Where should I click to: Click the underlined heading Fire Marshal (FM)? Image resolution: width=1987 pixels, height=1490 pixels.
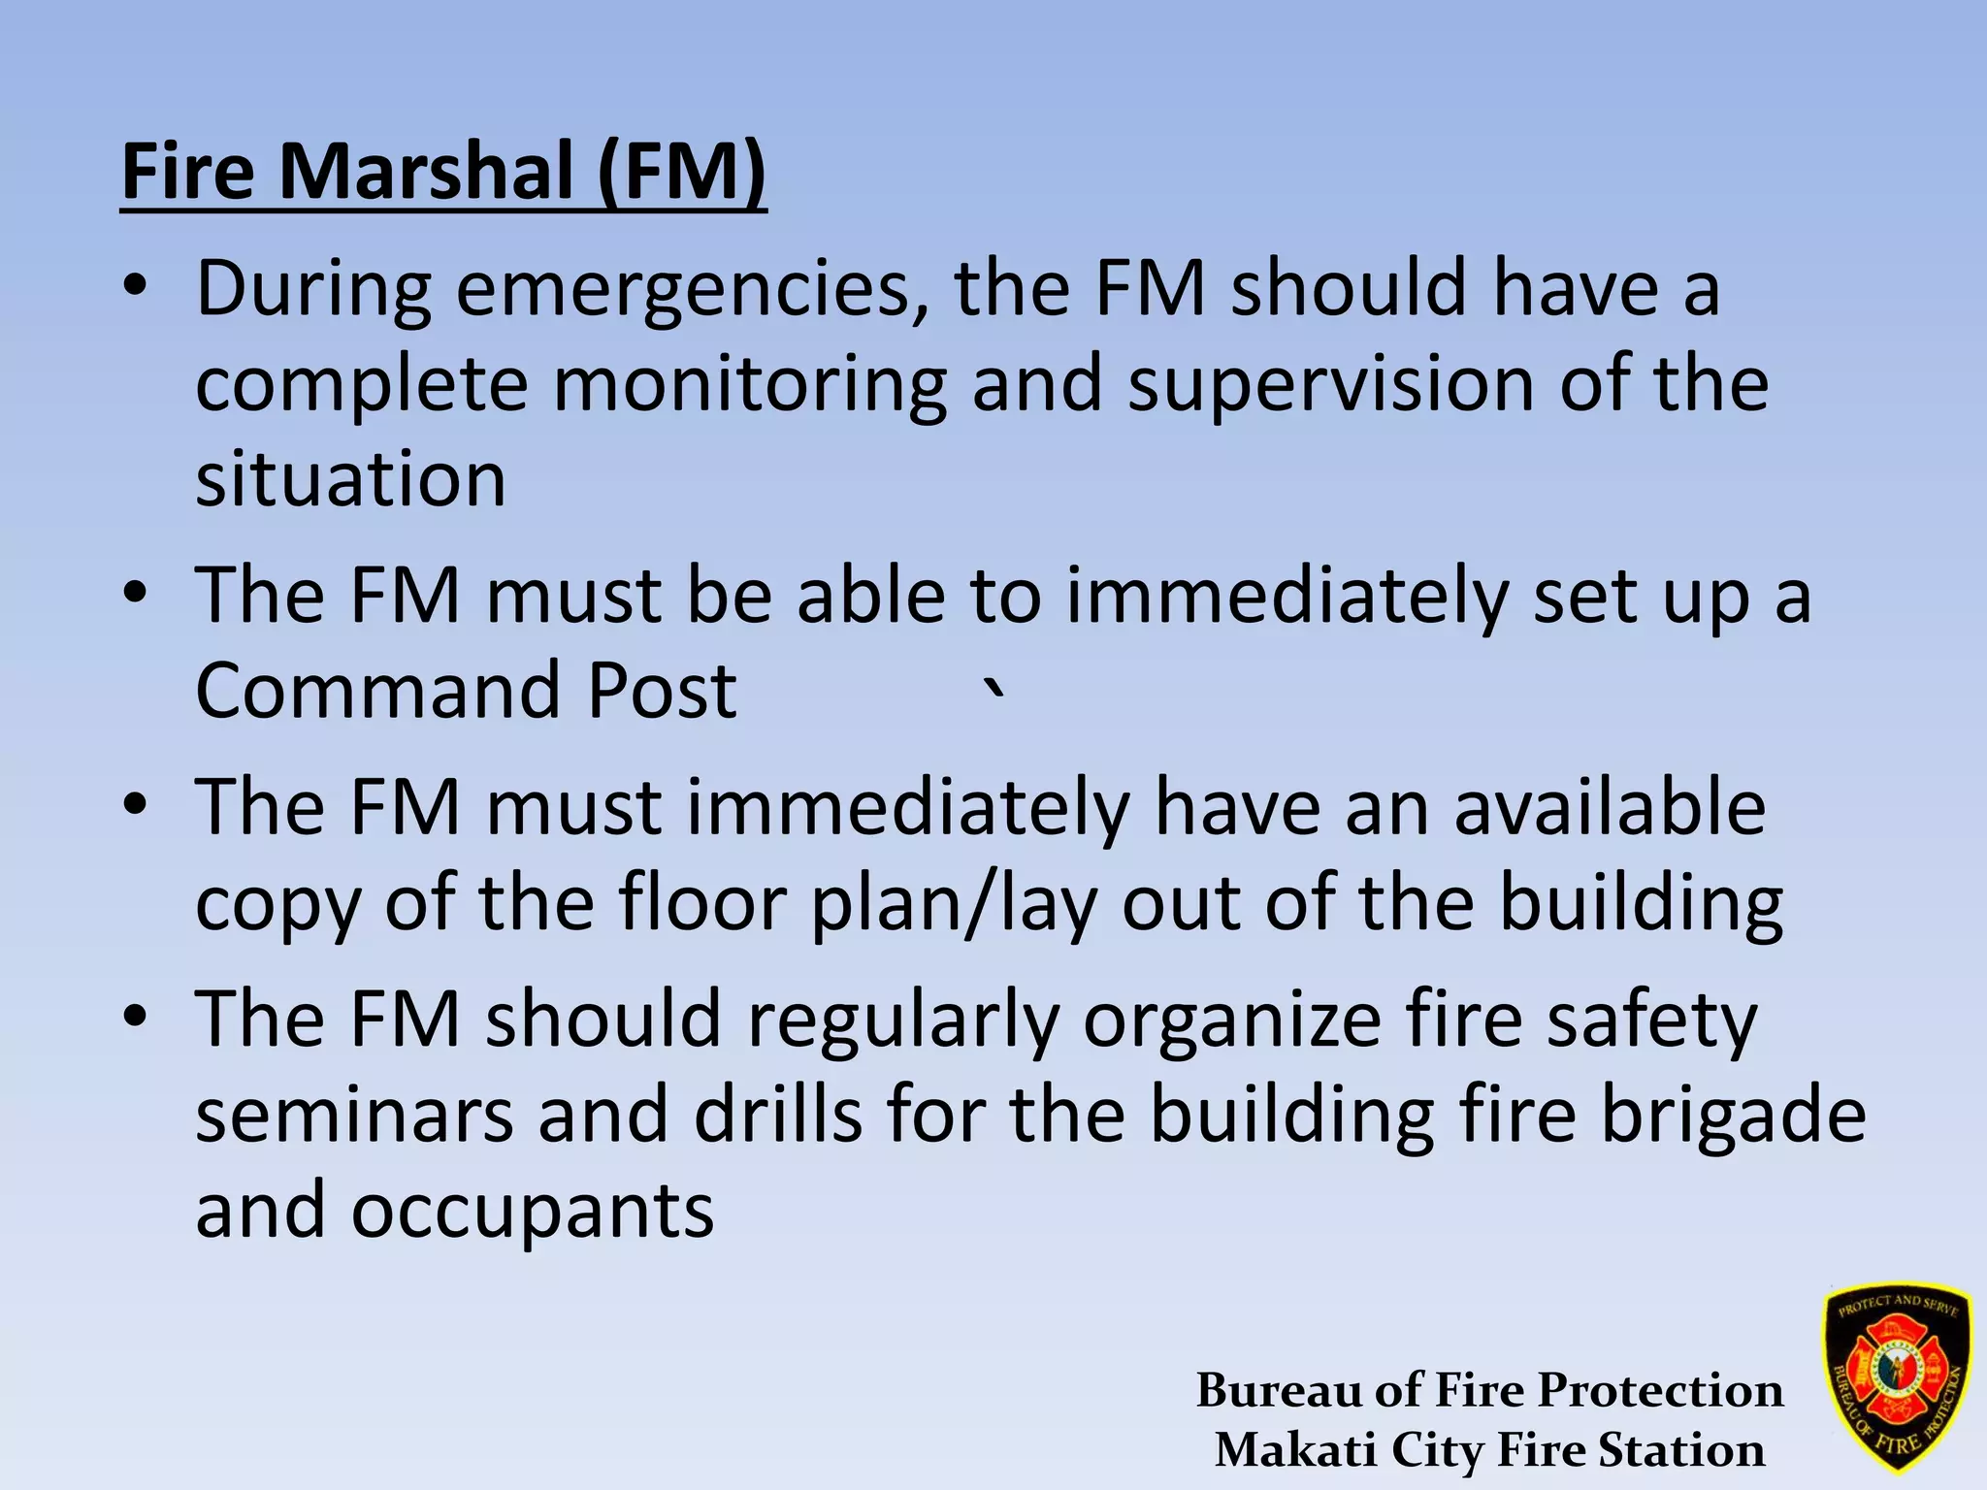point(443,172)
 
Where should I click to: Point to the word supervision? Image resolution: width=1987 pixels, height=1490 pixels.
point(1331,384)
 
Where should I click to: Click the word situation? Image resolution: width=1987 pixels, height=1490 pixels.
point(350,479)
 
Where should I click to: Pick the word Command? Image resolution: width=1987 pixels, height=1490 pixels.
point(377,691)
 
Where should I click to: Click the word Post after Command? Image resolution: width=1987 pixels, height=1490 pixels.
point(663,691)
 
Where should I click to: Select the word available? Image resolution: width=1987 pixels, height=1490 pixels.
point(1610,807)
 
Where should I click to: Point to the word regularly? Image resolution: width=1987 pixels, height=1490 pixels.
point(902,1020)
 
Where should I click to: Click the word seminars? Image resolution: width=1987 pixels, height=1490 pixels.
point(354,1116)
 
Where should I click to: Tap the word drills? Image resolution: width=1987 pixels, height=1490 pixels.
point(777,1116)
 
